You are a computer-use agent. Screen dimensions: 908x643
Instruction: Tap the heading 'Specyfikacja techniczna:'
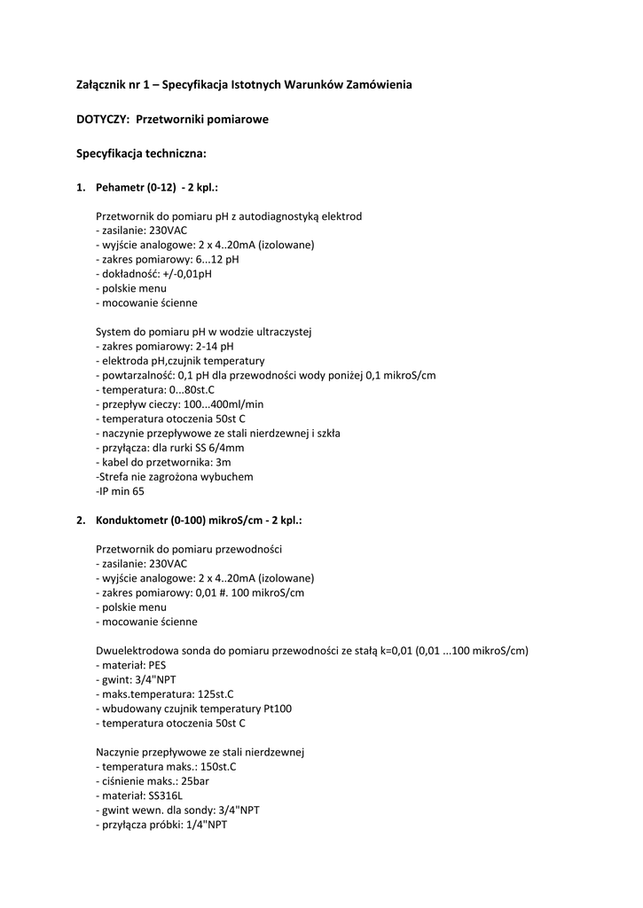pyautogui.click(x=141, y=153)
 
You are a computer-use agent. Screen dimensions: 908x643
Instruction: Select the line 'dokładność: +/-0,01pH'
pyautogui.click(x=153, y=274)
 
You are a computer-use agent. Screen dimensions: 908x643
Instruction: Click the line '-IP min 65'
pyautogui.click(x=120, y=491)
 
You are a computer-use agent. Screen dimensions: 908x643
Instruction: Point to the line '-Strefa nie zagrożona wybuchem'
pyautogui.click(x=174, y=476)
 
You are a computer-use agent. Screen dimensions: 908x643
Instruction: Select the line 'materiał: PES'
pyautogui.click(x=130, y=664)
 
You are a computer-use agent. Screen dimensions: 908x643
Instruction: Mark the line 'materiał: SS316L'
pyautogui.click(x=138, y=795)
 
